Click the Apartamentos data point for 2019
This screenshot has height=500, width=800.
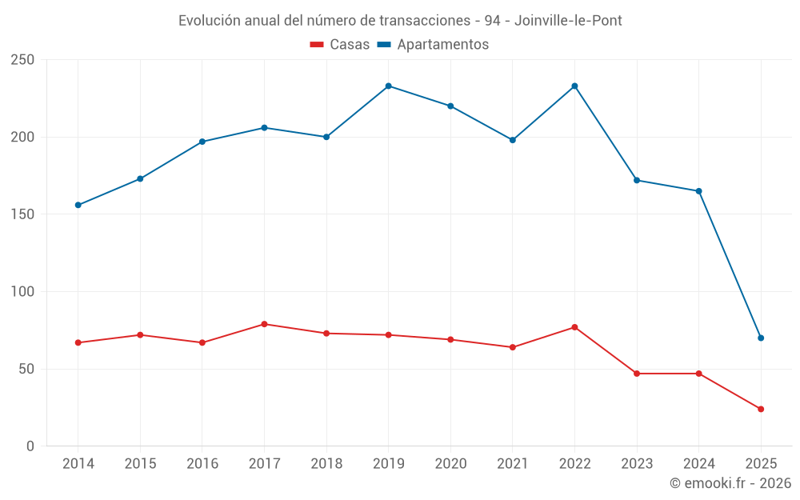388,86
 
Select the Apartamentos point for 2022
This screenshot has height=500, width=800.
574,86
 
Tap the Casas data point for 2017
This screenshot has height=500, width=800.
264,324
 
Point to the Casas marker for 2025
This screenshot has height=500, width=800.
761,409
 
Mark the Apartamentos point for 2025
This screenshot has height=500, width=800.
761,338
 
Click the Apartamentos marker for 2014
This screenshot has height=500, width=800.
78,205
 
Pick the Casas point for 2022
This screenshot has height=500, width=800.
574,327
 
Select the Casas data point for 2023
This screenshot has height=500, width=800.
637,374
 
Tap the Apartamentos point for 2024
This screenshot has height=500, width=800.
698,191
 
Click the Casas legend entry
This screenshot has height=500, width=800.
340,45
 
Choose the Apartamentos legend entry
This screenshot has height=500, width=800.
433,45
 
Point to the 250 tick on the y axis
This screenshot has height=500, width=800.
23,60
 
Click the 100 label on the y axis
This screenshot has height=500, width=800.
23,292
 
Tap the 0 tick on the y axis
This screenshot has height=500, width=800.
30,446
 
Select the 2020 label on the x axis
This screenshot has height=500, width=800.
450,464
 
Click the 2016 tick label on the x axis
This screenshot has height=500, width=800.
202,464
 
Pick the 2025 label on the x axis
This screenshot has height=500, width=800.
761,464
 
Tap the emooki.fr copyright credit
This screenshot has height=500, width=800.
730,483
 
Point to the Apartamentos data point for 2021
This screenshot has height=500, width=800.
513,140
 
